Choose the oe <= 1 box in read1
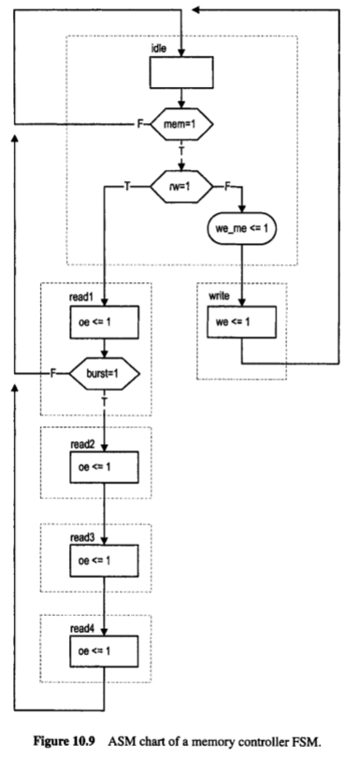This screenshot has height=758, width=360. pos(104,322)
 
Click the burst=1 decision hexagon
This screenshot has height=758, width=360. pos(104,374)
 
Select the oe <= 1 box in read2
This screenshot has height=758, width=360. pos(104,465)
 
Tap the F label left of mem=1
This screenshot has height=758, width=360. pos(142,122)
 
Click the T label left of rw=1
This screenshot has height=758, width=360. pos(127,187)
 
